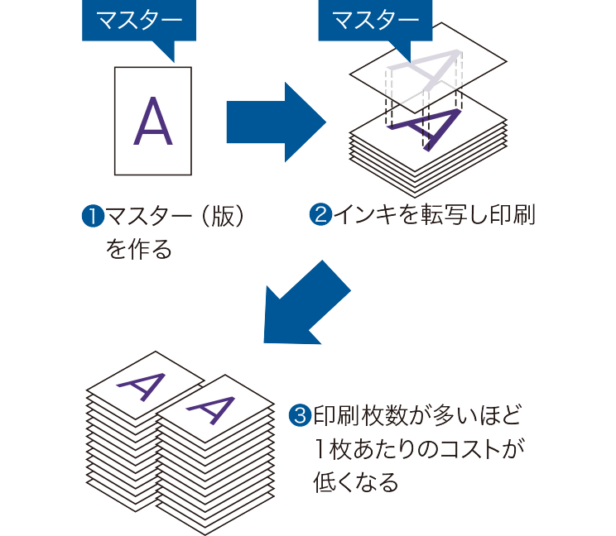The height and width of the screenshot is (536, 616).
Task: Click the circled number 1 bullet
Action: pos(89,217)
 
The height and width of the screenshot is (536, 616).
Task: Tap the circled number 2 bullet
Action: pos(320,216)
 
